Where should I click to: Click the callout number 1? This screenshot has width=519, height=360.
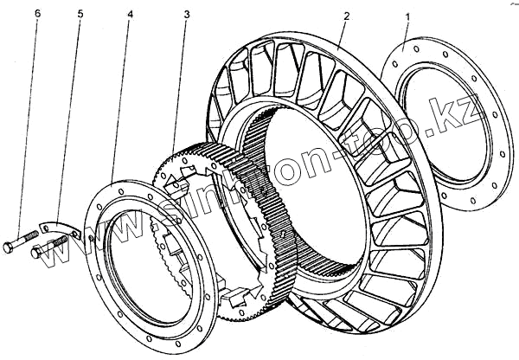(408, 16)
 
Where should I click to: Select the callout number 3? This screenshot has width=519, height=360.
(187, 16)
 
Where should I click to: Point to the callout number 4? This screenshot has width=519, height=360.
(129, 16)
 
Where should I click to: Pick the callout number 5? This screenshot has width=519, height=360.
(80, 16)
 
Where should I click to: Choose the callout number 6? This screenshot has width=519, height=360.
(37, 16)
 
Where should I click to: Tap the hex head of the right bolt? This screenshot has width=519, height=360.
(36, 253)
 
